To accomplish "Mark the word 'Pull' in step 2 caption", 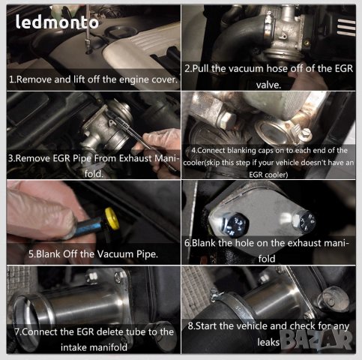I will click(x=205, y=69).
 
